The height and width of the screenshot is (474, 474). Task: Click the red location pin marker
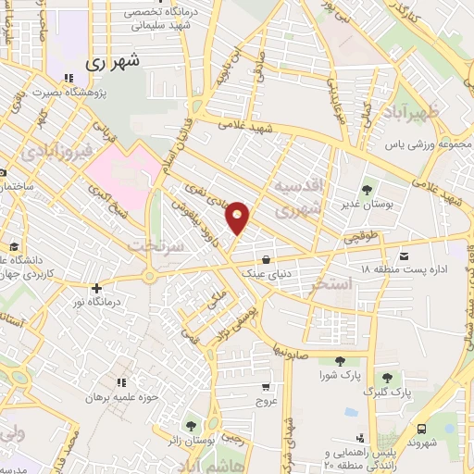coord(239,217)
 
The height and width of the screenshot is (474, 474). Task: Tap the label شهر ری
coord(112,63)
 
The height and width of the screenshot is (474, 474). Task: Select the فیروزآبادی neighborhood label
coord(57,149)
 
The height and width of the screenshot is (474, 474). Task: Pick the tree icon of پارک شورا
coord(340,360)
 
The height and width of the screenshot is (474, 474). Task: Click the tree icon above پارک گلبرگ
coord(387,378)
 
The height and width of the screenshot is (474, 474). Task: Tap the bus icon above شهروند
coord(422,429)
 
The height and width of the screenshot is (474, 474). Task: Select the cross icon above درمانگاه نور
coord(97,288)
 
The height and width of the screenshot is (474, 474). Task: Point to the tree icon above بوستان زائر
coord(191,427)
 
